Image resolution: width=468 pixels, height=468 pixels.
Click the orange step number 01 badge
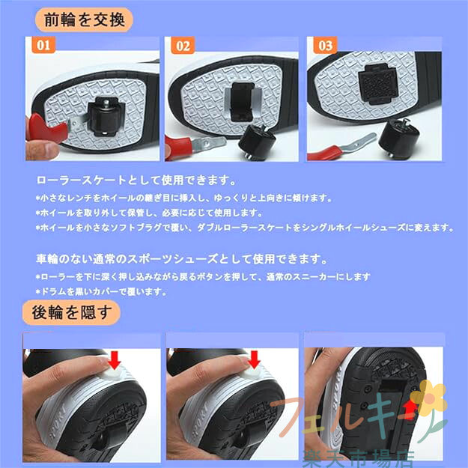pyautogui.click(x=43, y=45)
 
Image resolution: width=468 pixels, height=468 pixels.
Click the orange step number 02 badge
pyautogui.click(x=183, y=46)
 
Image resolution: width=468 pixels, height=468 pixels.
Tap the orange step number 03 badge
pyautogui.click(x=325, y=46)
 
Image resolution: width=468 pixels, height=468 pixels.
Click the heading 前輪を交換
pyautogui.click(x=84, y=20)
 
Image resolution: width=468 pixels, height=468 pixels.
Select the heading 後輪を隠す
pyautogui.click(x=72, y=312)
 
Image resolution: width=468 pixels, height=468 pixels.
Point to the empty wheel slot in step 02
pyautogui.click(x=243, y=102)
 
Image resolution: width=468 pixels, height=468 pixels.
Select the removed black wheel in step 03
pyautogui.click(x=399, y=136)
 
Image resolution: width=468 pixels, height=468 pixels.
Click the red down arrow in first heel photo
pyautogui.click(x=115, y=359)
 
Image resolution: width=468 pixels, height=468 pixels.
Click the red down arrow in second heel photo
pyautogui.click(x=254, y=359)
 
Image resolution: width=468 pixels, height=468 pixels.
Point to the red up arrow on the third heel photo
pyautogui.click(x=410, y=410)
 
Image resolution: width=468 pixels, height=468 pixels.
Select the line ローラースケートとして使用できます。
pyautogui.click(x=136, y=180)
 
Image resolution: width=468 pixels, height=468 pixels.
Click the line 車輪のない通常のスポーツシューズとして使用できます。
pyautogui.click(x=182, y=259)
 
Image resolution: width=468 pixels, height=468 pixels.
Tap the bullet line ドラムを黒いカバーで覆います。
pyautogui.click(x=102, y=291)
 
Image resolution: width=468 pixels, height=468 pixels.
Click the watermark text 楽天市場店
pyautogui.click(x=358, y=459)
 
